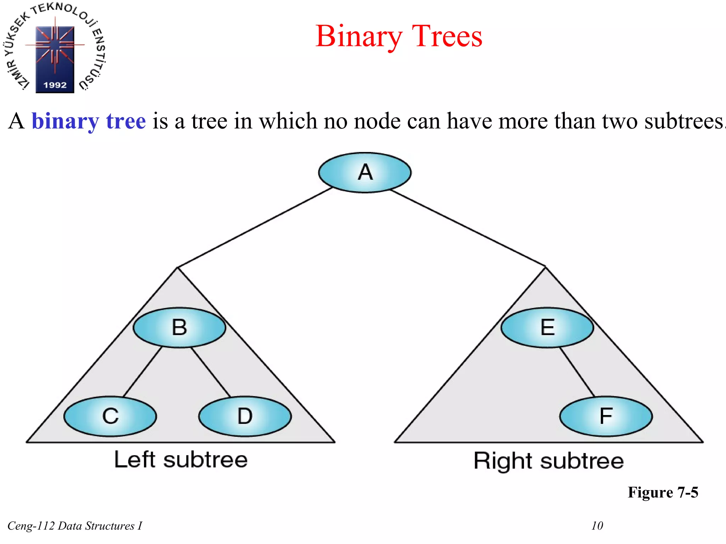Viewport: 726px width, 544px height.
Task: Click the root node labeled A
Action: [365, 172]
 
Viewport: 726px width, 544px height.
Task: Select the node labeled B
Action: [179, 327]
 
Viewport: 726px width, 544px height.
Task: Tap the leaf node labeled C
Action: [110, 416]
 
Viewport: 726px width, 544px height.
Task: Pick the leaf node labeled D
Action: [245, 416]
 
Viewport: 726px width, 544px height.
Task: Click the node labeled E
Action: [547, 327]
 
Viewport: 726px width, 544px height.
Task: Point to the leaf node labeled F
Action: [606, 416]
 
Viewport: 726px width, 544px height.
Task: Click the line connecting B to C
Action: [142, 372]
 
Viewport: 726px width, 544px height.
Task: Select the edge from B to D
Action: [211, 372]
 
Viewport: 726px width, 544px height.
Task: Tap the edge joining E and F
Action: [577, 372]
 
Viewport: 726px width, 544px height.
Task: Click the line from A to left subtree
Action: [255, 227]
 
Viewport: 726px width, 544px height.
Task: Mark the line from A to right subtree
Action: [468, 228]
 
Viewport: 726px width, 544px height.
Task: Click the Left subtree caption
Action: [181, 460]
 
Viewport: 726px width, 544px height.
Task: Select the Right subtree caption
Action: [548, 461]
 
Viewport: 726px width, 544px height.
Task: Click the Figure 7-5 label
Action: [663, 492]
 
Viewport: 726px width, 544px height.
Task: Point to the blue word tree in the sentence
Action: [126, 121]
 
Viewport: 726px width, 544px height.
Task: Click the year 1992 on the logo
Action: [55, 85]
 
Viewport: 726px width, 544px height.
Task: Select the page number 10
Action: [597, 526]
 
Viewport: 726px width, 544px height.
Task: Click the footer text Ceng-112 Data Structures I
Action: [75, 526]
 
